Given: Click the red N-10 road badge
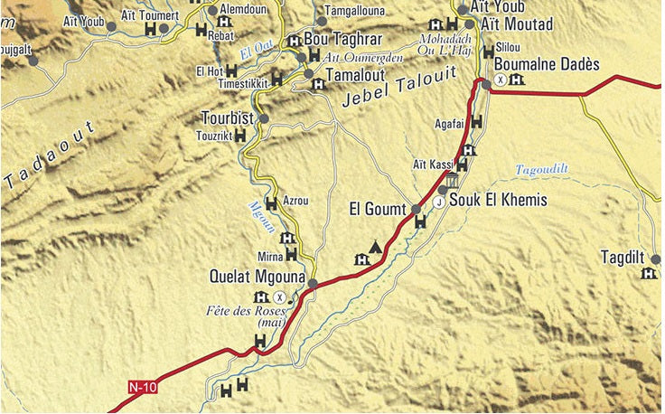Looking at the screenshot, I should point(142,388).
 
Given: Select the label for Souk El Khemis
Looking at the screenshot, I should point(498,201).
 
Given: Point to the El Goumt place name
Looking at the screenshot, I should point(379,210).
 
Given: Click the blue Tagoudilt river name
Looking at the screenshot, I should point(542,169).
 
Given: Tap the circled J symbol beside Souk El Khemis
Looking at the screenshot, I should point(439,202).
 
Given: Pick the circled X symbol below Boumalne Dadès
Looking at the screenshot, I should point(500,80).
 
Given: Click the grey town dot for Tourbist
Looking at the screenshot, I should point(264,118).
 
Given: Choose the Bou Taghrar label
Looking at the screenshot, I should point(344,40).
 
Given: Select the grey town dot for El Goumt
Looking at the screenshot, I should point(417,209).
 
